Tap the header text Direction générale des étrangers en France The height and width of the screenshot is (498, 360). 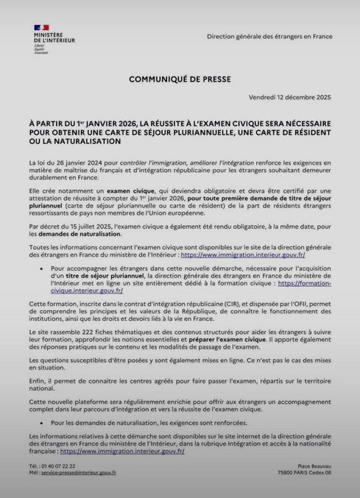269,36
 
